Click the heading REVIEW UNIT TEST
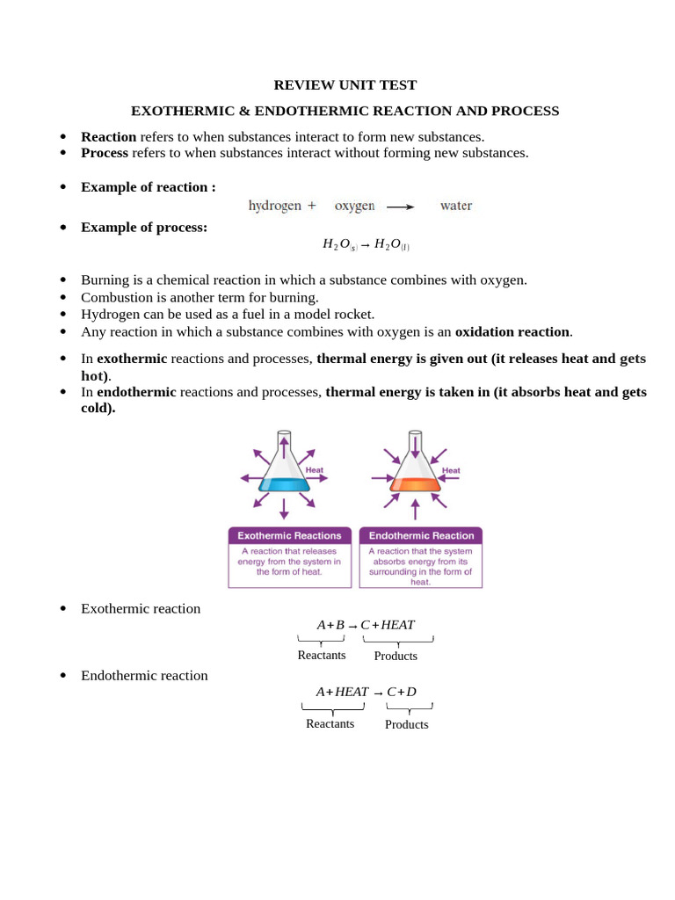click(x=345, y=85)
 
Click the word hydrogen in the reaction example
click(x=275, y=206)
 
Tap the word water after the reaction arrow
click(x=456, y=206)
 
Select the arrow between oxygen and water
click(x=400, y=207)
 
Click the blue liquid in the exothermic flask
click(x=284, y=484)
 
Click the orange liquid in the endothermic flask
click(x=415, y=484)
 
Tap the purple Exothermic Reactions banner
click(x=289, y=535)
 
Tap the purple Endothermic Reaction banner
click(x=421, y=535)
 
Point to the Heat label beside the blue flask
click(x=315, y=470)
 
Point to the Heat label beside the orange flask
click(x=451, y=470)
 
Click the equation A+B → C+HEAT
click(x=366, y=625)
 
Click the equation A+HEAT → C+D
click(x=366, y=692)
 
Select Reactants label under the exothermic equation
click(x=322, y=656)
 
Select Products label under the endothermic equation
click(x=407, y=724)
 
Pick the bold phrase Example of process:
click(x=144, y=227)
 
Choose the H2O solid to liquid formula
click(x=366, y=245)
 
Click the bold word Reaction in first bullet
click(x=108, y=136)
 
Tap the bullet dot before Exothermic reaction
click(x=63, y=609)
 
